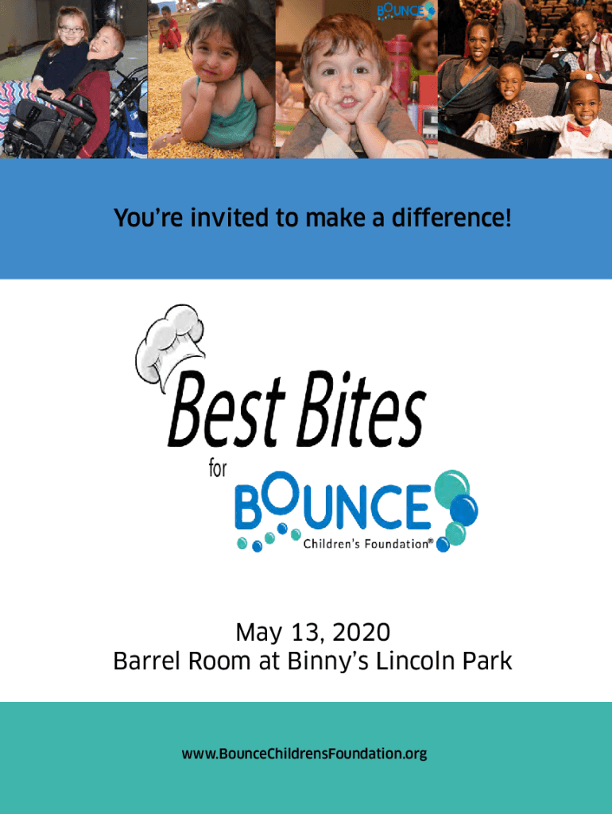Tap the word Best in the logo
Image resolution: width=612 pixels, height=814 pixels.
tap(227, 410)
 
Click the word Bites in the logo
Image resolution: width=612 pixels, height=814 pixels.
tap(362, 409)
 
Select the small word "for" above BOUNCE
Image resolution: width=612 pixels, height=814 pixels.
tap(218, 468)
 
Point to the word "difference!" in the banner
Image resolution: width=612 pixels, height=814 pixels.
tap(451, 218)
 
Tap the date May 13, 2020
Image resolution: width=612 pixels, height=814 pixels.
tap(313, 632)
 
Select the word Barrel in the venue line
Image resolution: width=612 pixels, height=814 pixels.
tap(147, 661)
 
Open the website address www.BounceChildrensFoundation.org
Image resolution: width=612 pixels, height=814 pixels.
tap(304, 754)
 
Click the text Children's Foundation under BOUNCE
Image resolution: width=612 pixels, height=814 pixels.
tap(366, 544)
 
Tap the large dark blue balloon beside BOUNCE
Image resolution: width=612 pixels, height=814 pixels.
tap(463, 510)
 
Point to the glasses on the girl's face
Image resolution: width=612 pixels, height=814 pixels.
tap(70, 29)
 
